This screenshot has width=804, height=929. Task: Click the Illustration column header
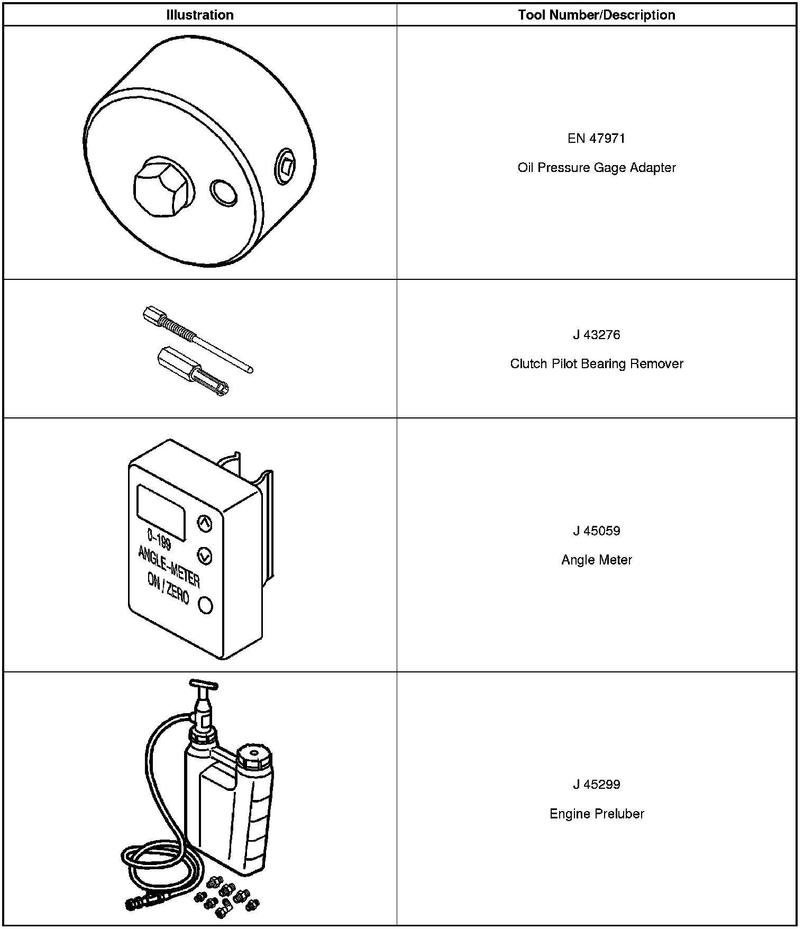click(x=199, y=15)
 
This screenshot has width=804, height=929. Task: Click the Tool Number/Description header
click(x=596, y=15)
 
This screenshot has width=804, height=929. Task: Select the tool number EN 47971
click(x=596, y=139)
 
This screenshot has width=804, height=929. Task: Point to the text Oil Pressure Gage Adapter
click(x=596, y=168)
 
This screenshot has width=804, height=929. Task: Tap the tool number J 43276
click(x=596, y=335)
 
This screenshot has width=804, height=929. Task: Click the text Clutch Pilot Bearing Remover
click(x=596, y=364)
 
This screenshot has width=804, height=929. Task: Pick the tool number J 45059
click(x=596, y=531)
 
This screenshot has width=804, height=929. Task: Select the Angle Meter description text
click(x=596, y=560)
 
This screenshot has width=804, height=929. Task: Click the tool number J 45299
click(x=596, y=785)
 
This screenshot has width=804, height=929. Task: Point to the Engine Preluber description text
click(x=596, y=814)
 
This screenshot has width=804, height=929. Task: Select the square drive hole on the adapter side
click(x=286, y=167)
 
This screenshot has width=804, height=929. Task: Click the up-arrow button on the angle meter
click(x=204, y=523)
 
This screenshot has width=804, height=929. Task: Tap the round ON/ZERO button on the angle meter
click(x=205, y=605)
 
